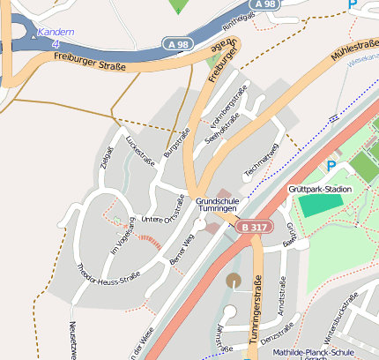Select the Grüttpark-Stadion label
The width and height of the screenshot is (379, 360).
[x=320, y=189]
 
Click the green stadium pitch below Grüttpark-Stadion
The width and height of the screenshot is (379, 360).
[x=318, y=204]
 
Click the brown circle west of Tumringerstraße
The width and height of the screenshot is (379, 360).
[x=234, y=280]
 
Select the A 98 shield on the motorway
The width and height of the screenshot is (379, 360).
[x=175, y=42]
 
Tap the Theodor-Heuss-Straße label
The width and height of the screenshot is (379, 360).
[x=109, y=273]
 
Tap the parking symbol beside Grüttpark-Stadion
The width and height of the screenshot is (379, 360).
[x=331, y=165]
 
